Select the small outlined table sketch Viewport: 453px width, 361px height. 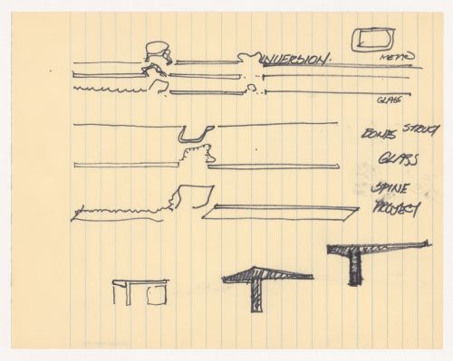pos(140,291)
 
